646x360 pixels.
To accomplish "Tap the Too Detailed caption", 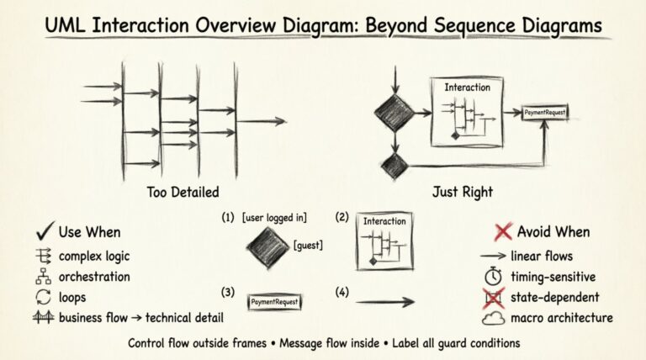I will (183, 191).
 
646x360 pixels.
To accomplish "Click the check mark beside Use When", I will (45, 231).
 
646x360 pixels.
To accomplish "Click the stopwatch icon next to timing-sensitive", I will (495, 276).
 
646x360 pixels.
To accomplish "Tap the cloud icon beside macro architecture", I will (494, 318).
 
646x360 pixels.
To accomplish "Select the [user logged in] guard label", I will (273, 218).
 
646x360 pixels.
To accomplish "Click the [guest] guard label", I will (309, 245).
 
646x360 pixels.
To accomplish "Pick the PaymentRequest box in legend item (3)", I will (274, 301).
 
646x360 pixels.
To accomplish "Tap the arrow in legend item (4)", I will (385, 301).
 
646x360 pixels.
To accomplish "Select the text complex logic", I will (93, 255).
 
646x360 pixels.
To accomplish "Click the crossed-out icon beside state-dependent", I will (495, 296).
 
